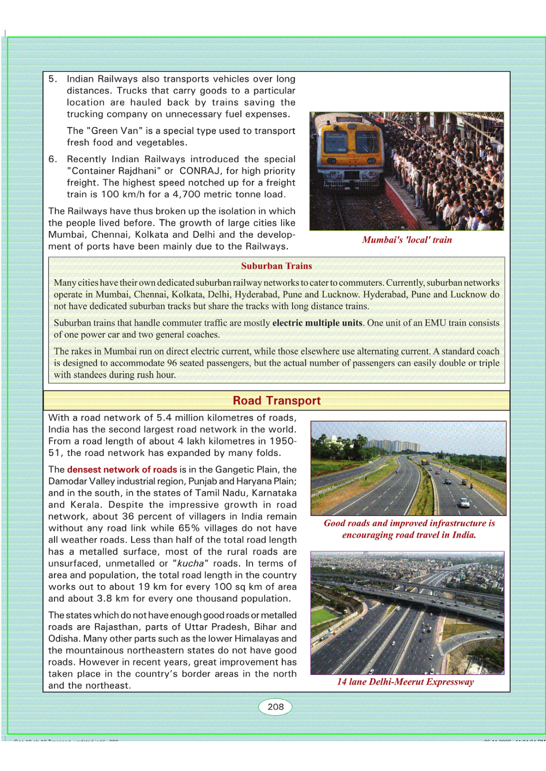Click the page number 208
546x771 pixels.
pos(276,706)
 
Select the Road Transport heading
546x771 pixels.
pos(276,401)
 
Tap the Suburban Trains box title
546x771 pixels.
pos(276,266)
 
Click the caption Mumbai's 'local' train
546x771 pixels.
pos(407,240)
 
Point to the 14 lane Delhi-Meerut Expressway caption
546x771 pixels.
pos(405,682)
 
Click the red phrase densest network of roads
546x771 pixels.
pos(122,469)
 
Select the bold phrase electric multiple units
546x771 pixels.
pos(317,323)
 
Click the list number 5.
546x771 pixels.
pos(53,79)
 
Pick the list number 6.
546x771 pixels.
pos(53,159)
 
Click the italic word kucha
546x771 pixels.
pos(190,564)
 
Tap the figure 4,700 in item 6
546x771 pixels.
pos(186,194)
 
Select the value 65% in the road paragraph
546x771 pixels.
pos(189,528)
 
